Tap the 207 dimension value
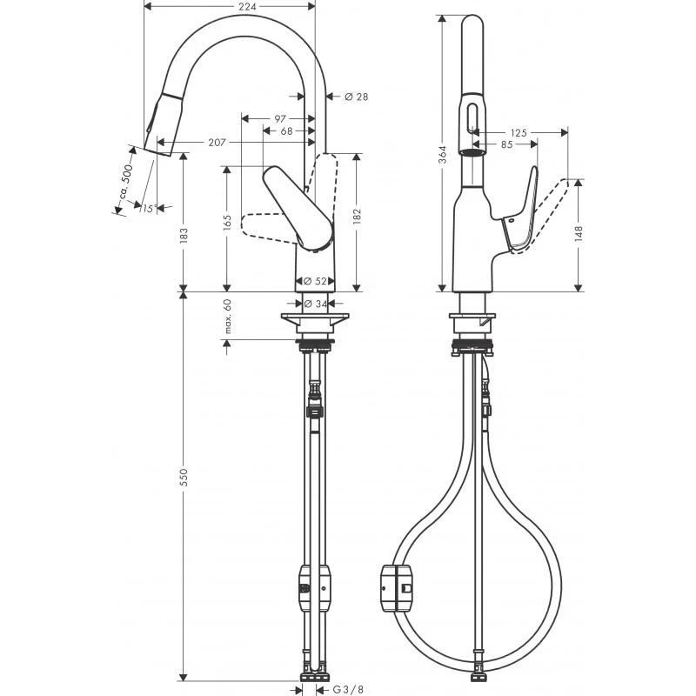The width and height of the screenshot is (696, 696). click(193, 142)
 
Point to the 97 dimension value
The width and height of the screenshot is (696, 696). click(279, 117)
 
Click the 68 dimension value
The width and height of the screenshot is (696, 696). click(286, 130)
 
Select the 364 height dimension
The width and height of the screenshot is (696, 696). click(443, 154)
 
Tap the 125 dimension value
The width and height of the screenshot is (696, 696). click(520, 132)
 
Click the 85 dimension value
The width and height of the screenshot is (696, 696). click(506, 144)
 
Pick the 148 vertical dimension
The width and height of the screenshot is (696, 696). click(579, 236)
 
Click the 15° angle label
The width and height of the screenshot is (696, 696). click(147, 209)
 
